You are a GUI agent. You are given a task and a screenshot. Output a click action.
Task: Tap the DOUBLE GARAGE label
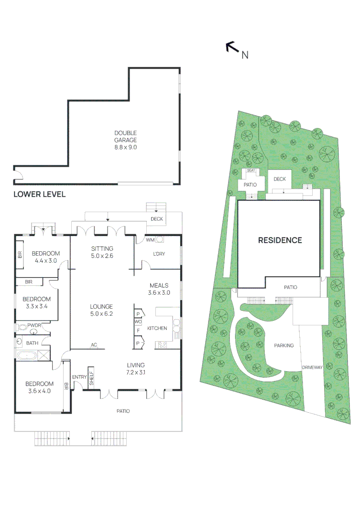(125, 137)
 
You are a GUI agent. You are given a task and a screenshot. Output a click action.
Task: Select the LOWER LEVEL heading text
(39, 194)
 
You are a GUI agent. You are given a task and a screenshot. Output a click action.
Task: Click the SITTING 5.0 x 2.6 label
(102, 252)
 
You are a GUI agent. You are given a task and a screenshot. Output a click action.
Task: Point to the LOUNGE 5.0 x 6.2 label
(102, 310)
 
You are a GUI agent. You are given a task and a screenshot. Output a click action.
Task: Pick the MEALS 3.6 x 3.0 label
(158, 289)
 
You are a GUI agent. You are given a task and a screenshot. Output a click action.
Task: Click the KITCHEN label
(157, 328)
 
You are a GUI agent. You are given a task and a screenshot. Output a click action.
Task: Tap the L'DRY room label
(159, 254)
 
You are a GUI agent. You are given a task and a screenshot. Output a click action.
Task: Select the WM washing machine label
(150, 239)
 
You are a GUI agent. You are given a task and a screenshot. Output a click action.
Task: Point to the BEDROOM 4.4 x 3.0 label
(45, 257)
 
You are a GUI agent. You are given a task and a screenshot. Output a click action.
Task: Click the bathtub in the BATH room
(26, 355)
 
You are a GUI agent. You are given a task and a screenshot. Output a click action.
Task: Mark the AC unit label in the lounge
(94, 345)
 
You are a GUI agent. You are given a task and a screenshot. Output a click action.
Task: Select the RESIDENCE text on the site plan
(280, 240)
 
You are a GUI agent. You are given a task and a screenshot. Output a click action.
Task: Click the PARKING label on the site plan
(284, 345)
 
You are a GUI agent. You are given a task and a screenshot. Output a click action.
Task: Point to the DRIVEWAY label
(313, 367)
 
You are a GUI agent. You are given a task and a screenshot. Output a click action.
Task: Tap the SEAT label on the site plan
(251, 171)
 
